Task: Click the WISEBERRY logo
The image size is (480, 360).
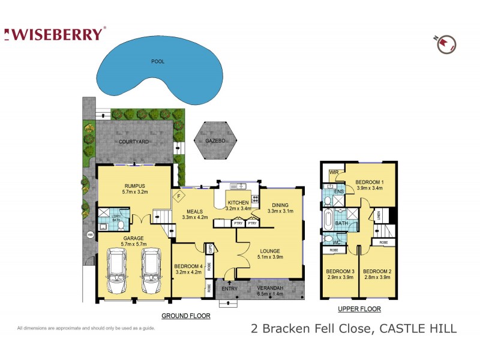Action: pos(55,34)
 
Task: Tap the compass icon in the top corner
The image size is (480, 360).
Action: pos(446,43)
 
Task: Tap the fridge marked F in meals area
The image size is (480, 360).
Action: pos(178,195)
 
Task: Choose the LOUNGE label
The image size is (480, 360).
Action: pos(270,251)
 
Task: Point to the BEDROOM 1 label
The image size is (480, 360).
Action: pos(370,181)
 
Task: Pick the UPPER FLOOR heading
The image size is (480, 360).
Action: pos(359,309)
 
